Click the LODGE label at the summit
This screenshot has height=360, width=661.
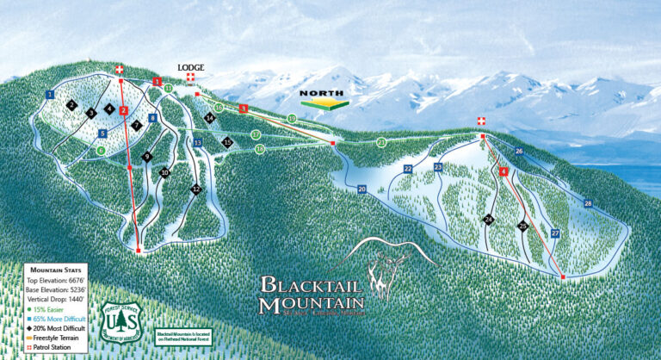click(189, 67)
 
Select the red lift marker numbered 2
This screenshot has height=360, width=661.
click(124, 110)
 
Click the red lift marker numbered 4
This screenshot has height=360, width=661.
click(503, 172)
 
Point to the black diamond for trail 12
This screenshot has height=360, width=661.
click(196, 189)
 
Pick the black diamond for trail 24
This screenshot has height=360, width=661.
click(489, 220)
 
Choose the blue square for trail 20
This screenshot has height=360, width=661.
click(361, 189)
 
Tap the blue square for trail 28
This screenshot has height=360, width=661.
click(588, 203)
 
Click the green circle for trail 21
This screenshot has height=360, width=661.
click(380, 142)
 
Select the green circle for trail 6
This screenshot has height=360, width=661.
click(102, 151)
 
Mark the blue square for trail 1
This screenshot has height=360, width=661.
click(51, 94)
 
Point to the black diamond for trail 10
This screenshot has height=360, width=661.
click(164, 173)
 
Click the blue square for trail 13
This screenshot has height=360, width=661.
click(197, 142)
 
